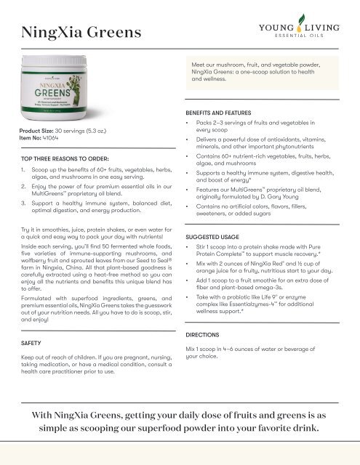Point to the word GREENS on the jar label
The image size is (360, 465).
click(67, 99)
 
